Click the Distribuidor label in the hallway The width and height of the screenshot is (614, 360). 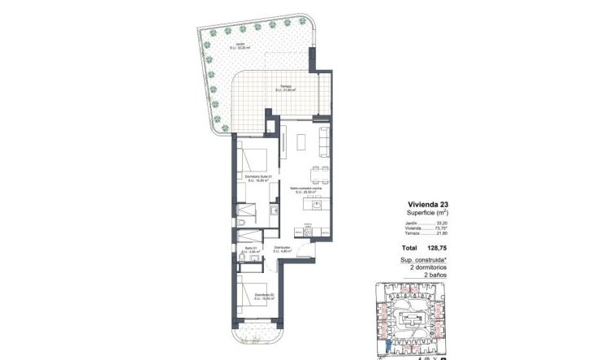pyautogui.click(x=283, y=248)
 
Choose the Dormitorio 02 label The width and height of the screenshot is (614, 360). pyautogui.click(x=262, y=296)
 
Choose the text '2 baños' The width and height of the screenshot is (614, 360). pyautogui.click(x=436, y=275)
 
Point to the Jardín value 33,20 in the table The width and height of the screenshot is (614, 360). pyautogui.click(x=441, y=223)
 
